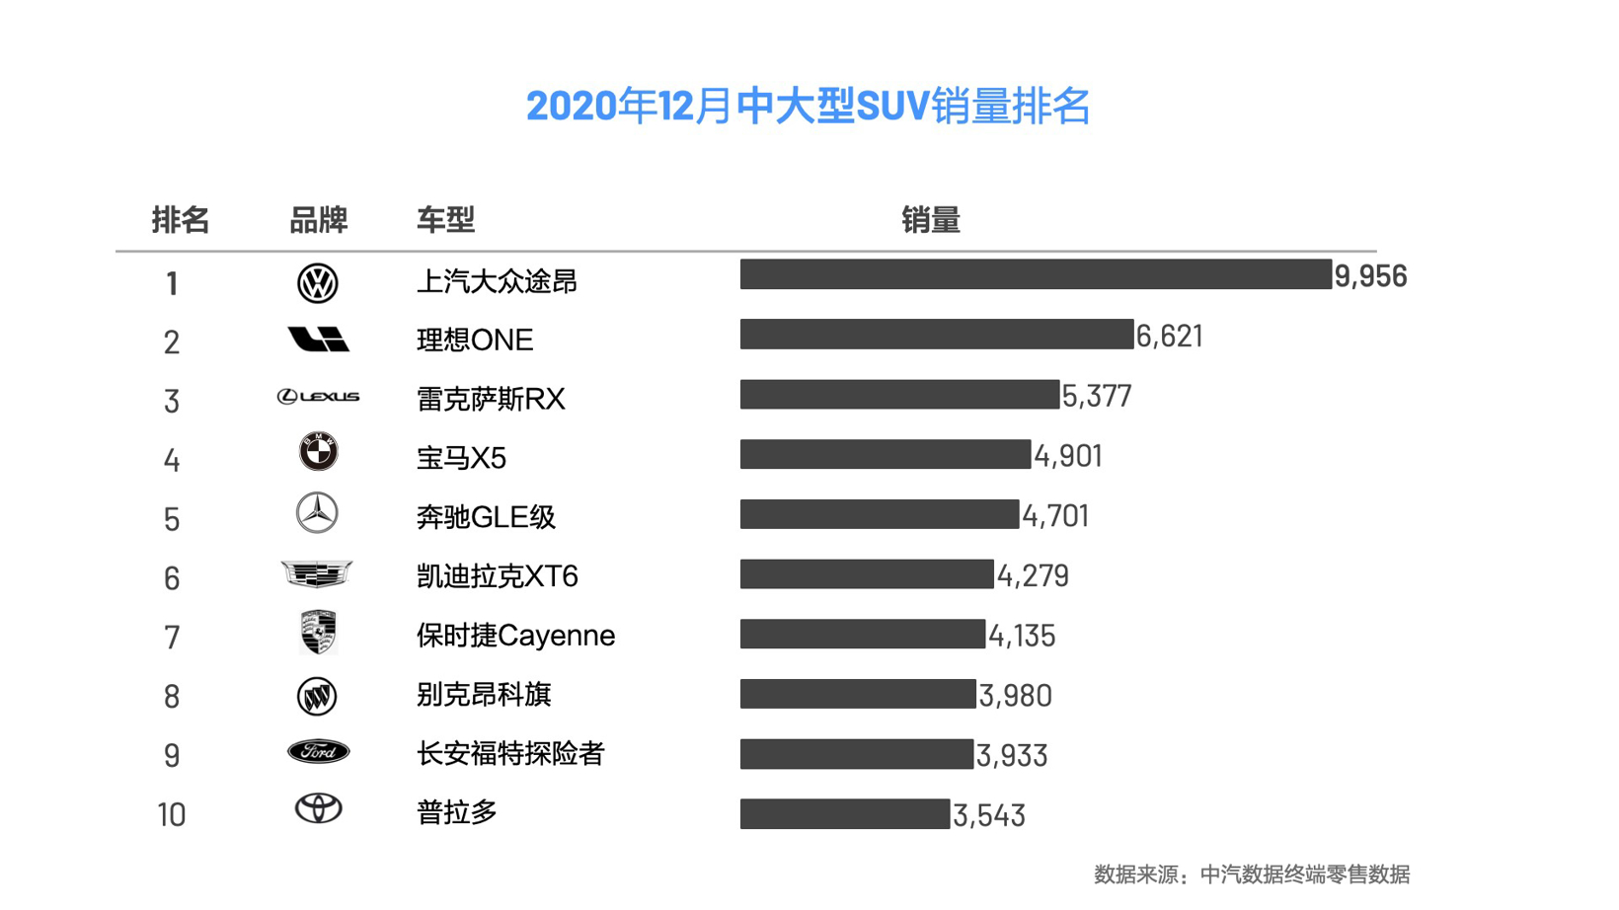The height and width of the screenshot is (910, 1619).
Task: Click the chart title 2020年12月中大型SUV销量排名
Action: tap(808, 106)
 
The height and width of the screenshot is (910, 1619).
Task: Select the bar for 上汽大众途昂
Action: tap(1035, 274)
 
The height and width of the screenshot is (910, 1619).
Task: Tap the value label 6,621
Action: tap(1169, 337)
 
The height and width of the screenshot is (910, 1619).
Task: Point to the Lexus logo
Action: tap(318, 397)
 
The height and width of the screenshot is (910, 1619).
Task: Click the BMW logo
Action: tap(318, 452)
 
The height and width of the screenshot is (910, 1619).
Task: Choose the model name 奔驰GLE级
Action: tap(486, 517)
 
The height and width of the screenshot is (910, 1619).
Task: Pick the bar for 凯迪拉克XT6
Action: tap(866, 574)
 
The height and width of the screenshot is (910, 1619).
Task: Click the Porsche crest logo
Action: tap(318, 633)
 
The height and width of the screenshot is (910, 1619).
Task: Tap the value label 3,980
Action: tap(1015, 696)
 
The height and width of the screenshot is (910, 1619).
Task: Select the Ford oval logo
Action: tap(318, 752)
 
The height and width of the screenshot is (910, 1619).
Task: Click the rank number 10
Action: tap(171, 815)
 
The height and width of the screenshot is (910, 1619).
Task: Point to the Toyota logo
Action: tap(318, 809)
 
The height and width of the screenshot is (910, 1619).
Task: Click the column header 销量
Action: tap(930, 220)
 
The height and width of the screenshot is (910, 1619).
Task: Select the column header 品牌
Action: tap(318, 220)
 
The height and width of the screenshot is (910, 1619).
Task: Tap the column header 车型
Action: tap(445, 220)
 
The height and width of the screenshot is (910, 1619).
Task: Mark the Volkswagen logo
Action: tap(318, 283)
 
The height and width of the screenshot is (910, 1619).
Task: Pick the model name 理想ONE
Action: tap(475, 341)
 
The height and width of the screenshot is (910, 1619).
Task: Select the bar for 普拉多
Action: tap(844, 814)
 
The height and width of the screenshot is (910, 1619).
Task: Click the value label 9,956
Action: tap(1370, 276)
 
